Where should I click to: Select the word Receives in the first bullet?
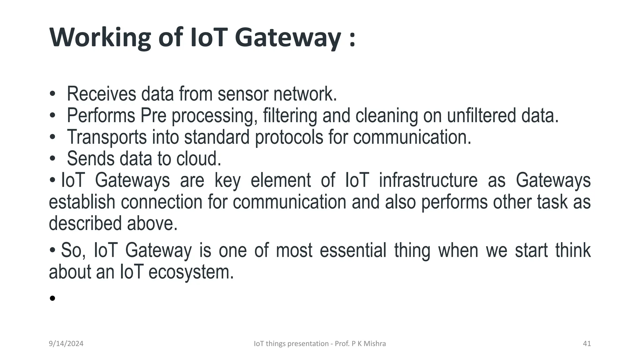(102, 94)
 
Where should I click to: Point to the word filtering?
(290, 116)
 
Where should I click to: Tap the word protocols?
(289, 137)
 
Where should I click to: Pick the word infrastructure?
(428, 180)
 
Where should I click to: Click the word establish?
(82, 202)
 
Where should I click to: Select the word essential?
(353, 250)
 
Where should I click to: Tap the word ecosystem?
(191, 272)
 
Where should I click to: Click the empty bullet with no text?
(52, 298)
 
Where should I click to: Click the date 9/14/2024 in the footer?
(66, 344)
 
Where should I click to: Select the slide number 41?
(587, 344)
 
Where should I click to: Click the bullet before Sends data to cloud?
(52, 159)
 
